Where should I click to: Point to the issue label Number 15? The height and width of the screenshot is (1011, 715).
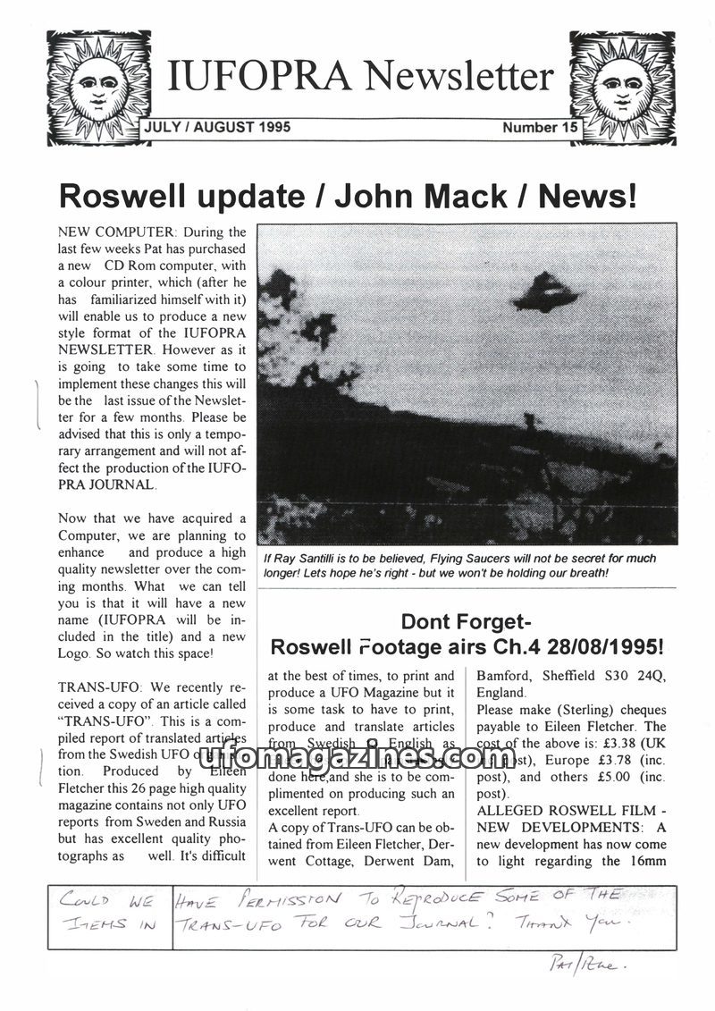(x=540, y=128)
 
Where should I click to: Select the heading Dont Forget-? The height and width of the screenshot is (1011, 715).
(x=467, y=621)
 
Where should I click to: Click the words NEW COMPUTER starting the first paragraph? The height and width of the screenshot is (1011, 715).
(x=111, y=232)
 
